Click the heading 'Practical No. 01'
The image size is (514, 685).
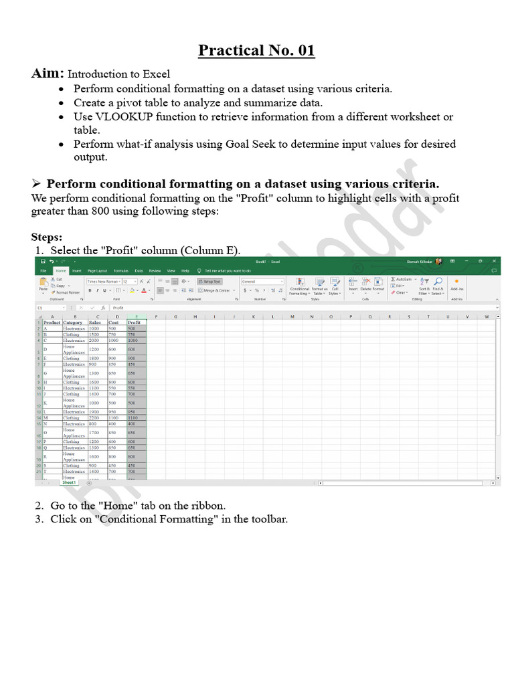point(256,51)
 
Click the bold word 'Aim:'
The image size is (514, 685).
point(48,74)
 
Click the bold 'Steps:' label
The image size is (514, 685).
point(47,237)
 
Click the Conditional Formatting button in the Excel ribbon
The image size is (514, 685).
point(299,286)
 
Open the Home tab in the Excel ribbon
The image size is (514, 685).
point(61,271)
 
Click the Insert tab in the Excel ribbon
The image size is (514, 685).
point(77,271)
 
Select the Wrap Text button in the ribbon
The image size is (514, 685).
point(210,282)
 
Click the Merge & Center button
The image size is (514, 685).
point(216,290)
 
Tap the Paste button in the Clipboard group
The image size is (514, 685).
point(43,286)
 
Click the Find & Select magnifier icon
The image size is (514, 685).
point(438,282)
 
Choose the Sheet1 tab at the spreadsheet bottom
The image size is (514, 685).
point(70,482)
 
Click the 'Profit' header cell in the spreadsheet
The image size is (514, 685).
point(135,322)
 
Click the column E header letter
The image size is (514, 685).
point(137,316)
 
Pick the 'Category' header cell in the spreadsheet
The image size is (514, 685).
point(73,322)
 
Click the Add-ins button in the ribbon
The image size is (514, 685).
point(456,286)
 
